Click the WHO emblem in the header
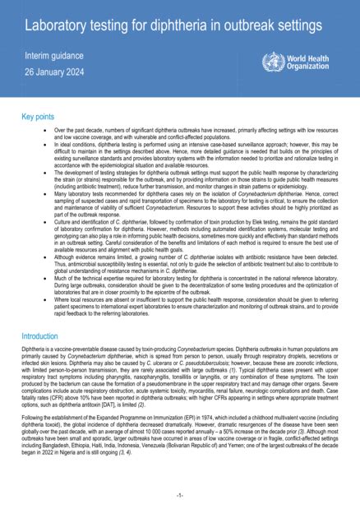272,62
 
